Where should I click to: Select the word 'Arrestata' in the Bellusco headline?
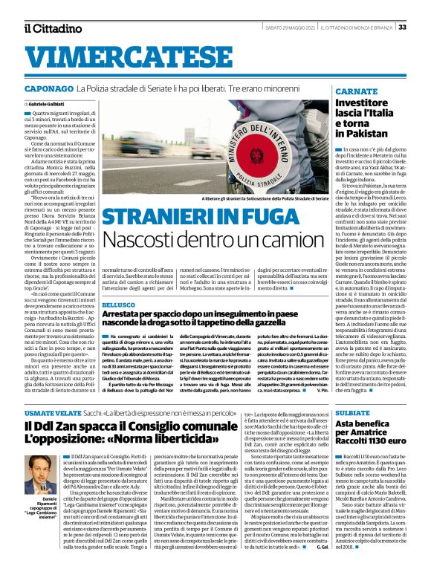(128, 315)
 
